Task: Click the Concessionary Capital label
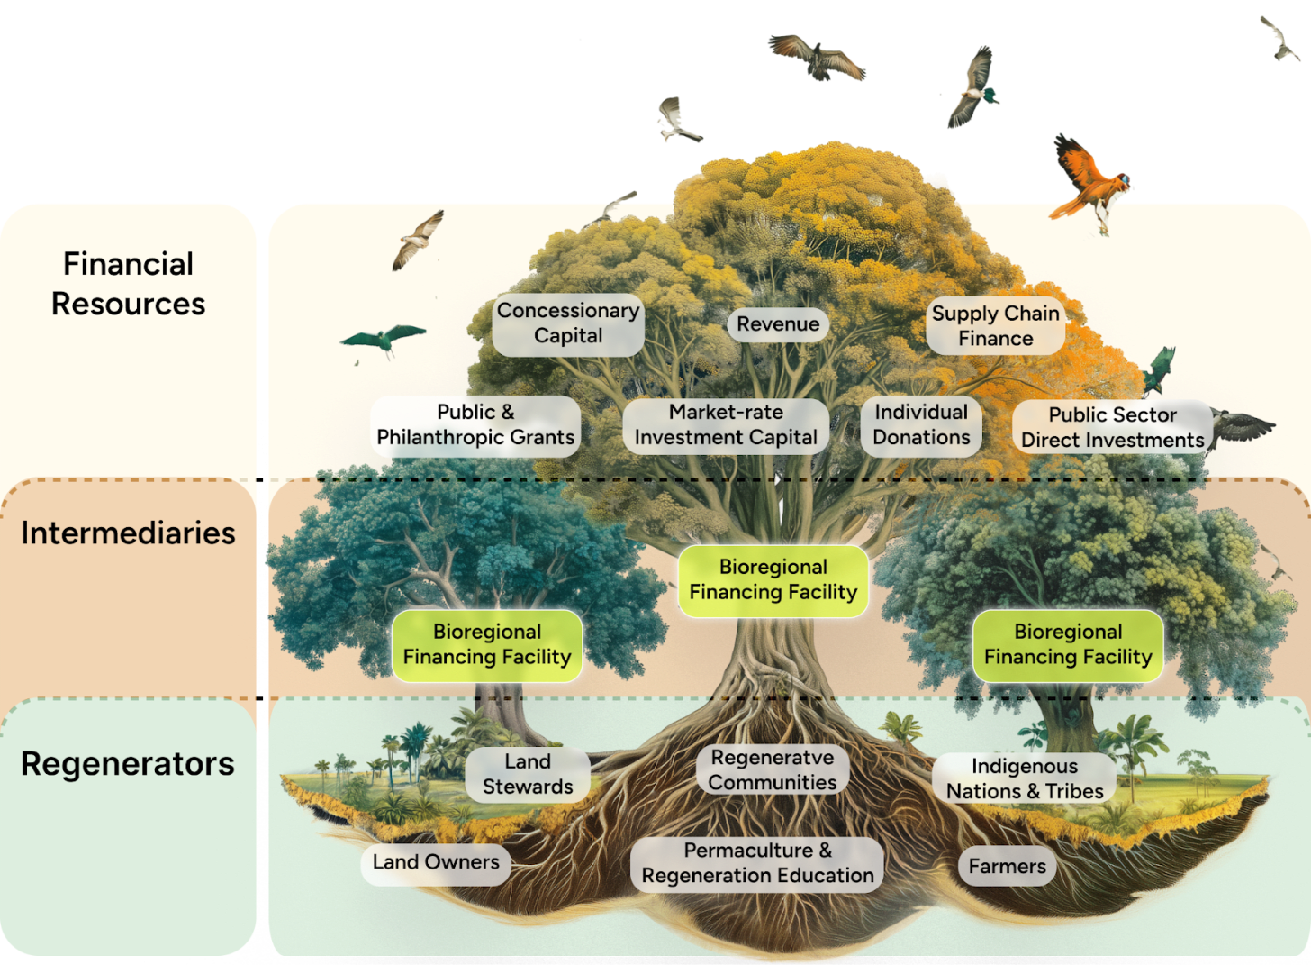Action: [568, 323]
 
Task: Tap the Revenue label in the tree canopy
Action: [778, 324]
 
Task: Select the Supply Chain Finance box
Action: [995, 326]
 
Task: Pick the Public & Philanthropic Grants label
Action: [475, 425]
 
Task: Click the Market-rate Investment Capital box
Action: [726, 425]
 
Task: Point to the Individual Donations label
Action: [921, 425]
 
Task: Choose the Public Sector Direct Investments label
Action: [1112, 428]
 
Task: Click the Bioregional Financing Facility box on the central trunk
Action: [773, 580]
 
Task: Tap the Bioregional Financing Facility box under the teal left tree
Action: [487, 645]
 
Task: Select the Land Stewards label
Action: [528, 775]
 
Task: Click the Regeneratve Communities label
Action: [773, 770]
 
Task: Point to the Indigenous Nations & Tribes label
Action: [1025, 779]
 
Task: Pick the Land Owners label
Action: [436, 862]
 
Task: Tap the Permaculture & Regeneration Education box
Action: [757, 863]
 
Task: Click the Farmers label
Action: [1007, 867]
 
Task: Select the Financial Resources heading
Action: [128, 284]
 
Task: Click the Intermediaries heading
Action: [128, 533]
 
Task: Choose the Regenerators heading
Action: [128, 764]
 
